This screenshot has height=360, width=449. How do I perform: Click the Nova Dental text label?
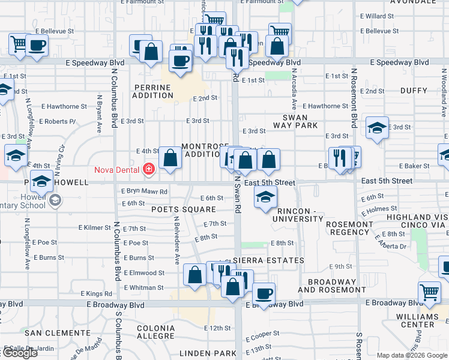coord(118,169)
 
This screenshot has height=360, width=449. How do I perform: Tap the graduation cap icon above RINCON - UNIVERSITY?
coord(265,196)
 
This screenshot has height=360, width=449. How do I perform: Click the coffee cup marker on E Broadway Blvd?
coord(263,293)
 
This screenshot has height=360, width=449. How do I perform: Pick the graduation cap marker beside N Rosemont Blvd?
coord(377,128)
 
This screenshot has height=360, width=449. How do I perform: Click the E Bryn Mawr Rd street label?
coord(144,191)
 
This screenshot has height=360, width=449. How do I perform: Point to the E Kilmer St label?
coord(95,228)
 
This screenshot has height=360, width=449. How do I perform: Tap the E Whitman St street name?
coord(143,288)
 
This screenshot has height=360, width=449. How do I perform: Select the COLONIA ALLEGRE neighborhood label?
coord(156,332)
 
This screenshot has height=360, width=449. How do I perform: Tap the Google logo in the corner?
coord(19,353)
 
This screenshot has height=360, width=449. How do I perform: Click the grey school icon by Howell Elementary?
coord(55,199)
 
